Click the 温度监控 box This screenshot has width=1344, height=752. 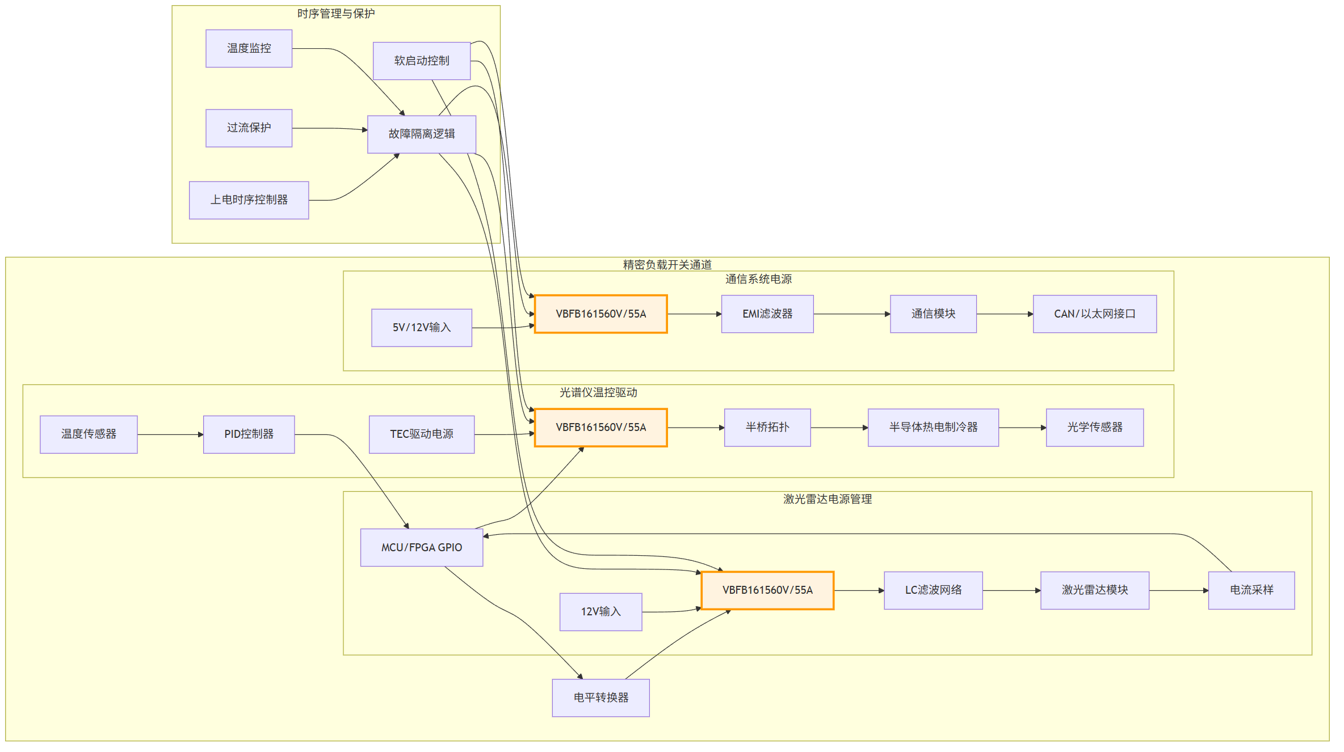[x=249, y=49]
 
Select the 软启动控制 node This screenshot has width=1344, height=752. [x=422, y=61]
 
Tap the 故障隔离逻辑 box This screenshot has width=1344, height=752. [x=422, y=134]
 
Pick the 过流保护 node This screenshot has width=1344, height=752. [x=249, y=128]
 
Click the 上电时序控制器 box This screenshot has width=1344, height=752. [x=249, y=200]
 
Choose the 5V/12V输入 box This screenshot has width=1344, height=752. [x=422, y=328]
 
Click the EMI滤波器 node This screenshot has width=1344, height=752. [x=767, y=314]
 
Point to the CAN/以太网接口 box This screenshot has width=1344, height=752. [x=1095, y=314]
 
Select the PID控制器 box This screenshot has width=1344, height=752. [x=249, y=434]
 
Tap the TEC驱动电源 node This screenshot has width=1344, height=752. [x=422, y=434]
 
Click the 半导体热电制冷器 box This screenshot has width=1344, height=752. [x=933, y=428]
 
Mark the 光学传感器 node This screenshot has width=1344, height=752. [x=1095, y=428]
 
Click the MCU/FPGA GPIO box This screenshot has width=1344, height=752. [x=422, y=547]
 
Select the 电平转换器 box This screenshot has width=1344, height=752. [x=601, y=698]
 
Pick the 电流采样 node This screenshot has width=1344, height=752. [x=1251, y=590]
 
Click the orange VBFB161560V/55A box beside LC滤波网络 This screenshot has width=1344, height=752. [x=767, y=590]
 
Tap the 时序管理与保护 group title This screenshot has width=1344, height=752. [x=336, y=14]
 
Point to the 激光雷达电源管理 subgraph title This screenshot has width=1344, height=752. [x=828, y=499]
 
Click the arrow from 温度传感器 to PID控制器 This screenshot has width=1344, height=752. [x=170, y=434]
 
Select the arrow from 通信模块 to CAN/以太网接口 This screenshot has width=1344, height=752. [x=1005, y=314]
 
